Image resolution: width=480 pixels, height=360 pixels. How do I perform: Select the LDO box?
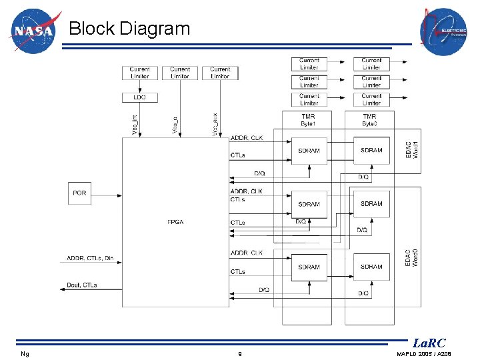(139, 97)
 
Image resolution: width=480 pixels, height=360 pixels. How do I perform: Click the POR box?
(79, 193)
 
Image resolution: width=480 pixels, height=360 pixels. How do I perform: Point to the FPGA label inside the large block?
(175, 222)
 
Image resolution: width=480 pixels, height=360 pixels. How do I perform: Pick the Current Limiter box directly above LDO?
(139, 73)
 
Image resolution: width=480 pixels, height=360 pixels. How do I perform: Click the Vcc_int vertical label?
(135, 124)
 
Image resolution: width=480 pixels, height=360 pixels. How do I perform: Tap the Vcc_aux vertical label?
(215, 124)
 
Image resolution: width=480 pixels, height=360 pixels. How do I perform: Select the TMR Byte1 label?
(309, 120)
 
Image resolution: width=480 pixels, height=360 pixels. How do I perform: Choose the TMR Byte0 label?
(371, 120)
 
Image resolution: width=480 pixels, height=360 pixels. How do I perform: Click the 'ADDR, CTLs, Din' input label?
(90, 259)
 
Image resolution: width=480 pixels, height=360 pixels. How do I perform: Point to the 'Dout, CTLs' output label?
(82, 285)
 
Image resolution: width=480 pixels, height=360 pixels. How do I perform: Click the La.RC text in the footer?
(429, 343)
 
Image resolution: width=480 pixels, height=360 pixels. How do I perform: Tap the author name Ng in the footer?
(25, 353)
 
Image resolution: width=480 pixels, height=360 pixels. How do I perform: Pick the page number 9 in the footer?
(240, 353)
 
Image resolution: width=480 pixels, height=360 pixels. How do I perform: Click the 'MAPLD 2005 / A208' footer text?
(423, 353)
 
